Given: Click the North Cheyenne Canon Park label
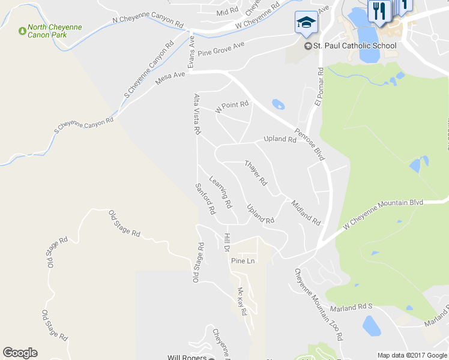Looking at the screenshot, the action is coord(55,31).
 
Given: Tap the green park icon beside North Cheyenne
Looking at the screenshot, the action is coord(22,29).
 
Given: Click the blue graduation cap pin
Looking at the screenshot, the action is coord(306,23).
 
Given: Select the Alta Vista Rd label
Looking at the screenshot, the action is coord(197,113).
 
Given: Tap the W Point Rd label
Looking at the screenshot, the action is coord(232,107).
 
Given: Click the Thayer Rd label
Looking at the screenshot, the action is coord(256,172).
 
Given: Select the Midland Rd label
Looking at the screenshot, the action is coord(306,212).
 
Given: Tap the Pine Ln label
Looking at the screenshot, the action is coord(243,261).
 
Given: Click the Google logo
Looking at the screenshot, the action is coord(20,353).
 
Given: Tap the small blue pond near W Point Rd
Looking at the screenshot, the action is coord(278,105).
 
